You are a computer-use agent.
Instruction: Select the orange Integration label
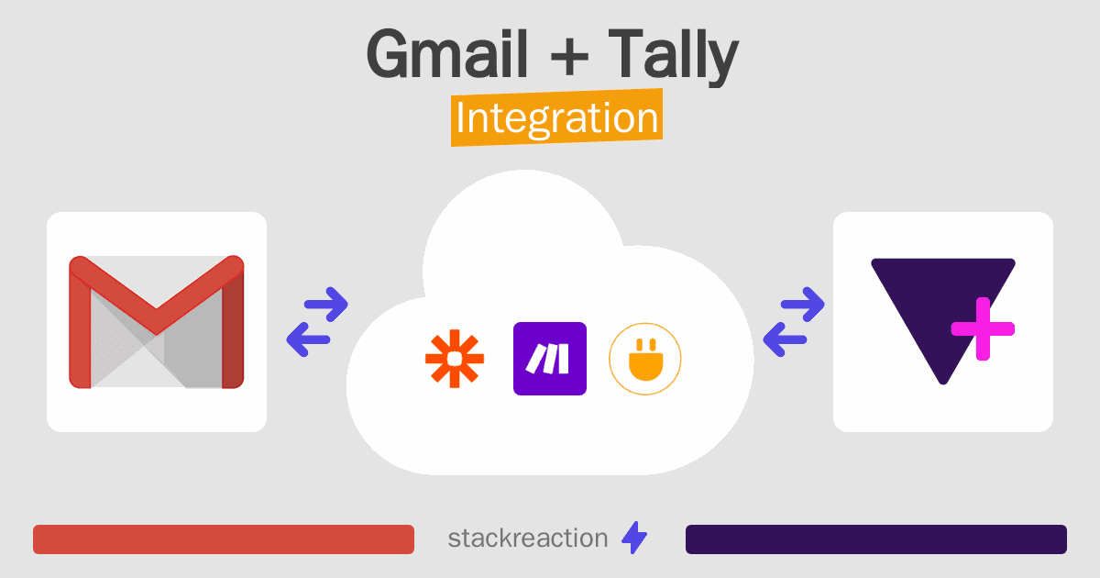coord(556,120)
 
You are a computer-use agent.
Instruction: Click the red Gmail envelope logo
coord(156,322)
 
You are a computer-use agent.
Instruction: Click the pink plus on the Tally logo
coord(982,328)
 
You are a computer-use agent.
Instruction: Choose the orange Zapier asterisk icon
coord(454,359)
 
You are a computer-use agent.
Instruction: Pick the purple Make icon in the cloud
coord(550,359)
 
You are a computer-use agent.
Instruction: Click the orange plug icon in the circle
coord(645,359)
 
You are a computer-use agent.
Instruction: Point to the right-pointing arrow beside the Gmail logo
coord(325,305)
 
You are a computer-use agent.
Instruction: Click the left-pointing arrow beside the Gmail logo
coord(308,339)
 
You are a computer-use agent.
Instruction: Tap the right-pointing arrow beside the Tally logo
coord(802,305)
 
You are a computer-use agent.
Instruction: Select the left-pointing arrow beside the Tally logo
coord(785,339)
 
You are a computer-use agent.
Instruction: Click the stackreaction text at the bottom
coord(527,539)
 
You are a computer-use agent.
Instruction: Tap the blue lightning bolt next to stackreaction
coord(634,539)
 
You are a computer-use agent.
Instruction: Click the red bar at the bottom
coord(224,539)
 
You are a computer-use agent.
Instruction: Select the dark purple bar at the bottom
coord(875,539)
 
